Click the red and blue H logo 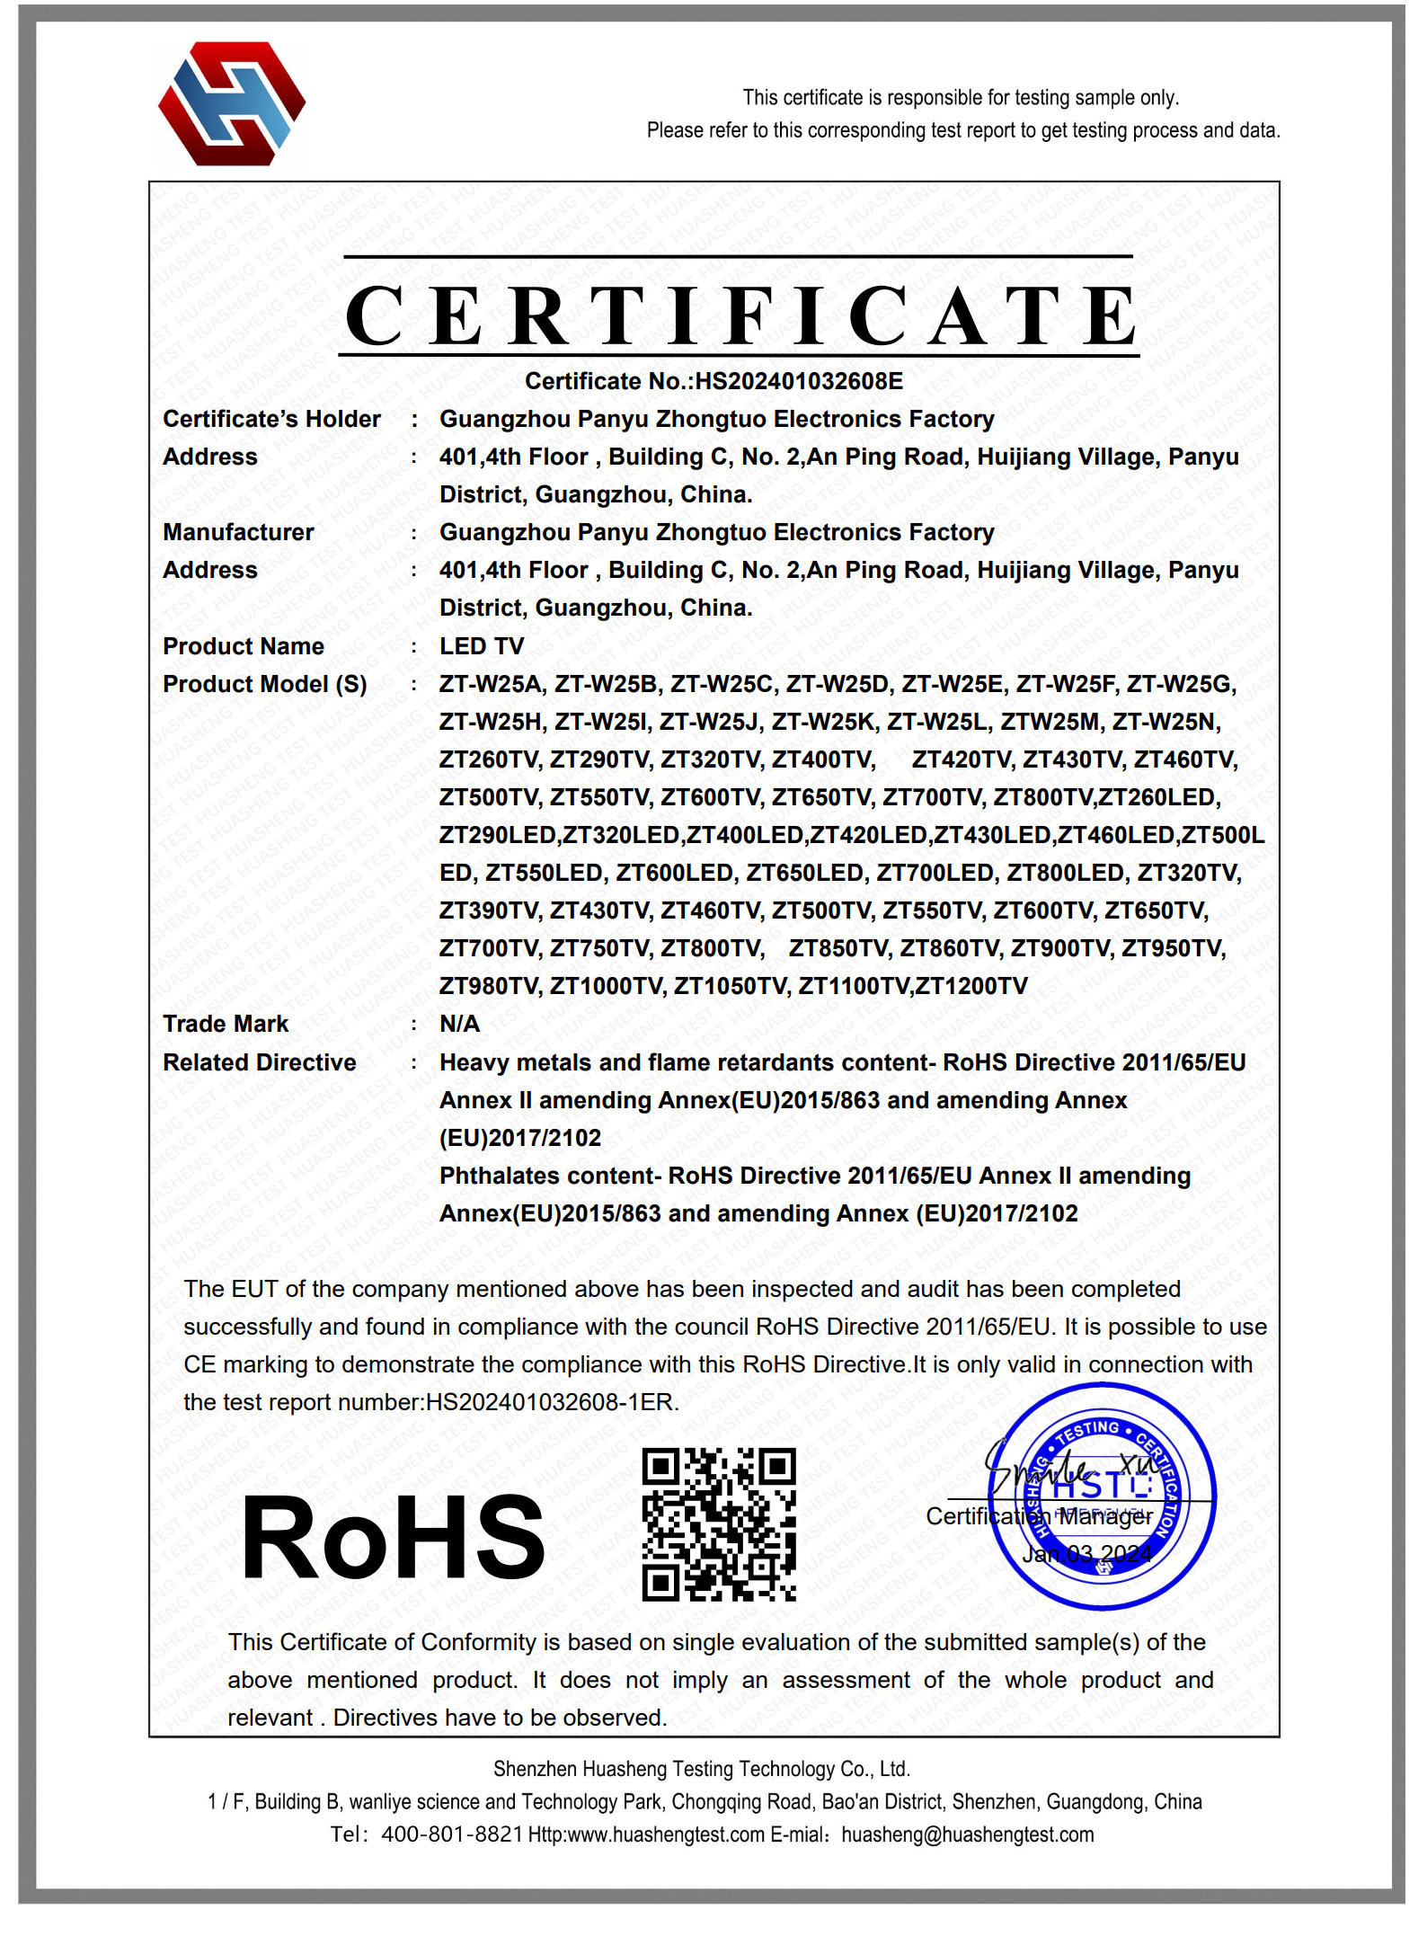[232, 103]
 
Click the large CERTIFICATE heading [740, 315]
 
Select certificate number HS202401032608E [799, 381]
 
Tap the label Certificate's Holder [271, 419]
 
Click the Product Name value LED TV [482, 646]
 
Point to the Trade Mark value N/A [459, 1024]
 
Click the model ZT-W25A [491, 685]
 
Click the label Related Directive [260, 1062]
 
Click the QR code [719, 1523]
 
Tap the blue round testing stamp [1103, 1496]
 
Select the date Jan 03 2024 [1086, 1554]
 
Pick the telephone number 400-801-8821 [452, 1834]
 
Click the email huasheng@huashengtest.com [968, 1834]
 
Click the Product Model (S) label [265, 685]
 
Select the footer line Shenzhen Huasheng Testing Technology [702, 1769]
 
